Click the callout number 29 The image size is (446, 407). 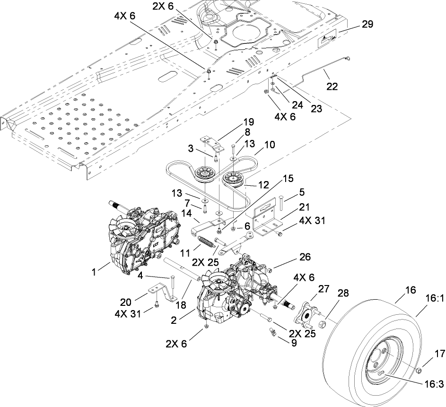[367, 25]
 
